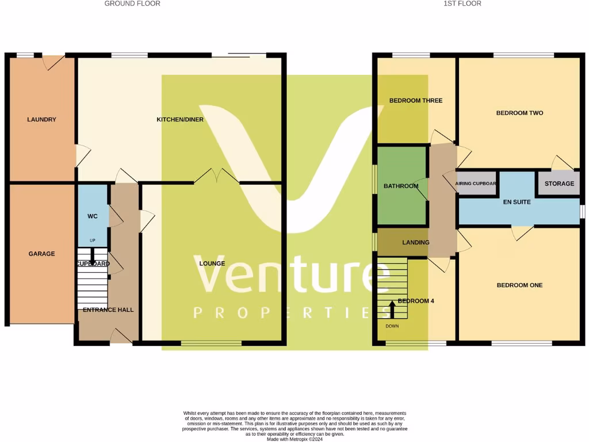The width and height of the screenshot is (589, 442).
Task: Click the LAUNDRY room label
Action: coord(41,120)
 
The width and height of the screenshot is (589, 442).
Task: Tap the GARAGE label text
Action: coord(41,254)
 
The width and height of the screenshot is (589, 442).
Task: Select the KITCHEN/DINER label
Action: coord(180,120)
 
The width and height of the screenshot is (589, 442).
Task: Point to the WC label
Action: coord(93,216)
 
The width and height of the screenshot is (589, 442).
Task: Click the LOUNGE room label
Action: coord(212,264)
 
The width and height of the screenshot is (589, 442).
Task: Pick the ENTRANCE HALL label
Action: coord(108,310)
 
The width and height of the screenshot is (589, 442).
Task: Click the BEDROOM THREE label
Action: coord(416,101)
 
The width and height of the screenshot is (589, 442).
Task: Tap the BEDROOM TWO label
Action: coord(519,113)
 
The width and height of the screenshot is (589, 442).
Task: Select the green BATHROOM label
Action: coord(401,186)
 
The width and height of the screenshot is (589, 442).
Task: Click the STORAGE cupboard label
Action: coord(559,184)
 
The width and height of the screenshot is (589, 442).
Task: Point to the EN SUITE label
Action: coord(517,203)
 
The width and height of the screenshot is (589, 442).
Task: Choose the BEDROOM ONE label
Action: coord(519,285)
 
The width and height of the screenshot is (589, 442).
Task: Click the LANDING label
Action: coord(415,242)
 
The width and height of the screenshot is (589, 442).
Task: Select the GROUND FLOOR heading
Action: coord(132,3)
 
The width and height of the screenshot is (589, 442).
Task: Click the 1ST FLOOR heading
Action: coord(462,3)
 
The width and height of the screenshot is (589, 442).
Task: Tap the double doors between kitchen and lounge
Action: coord(217,176)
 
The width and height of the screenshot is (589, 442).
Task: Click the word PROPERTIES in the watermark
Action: coord(290,312)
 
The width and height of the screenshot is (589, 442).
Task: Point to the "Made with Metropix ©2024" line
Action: coord(294,439)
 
